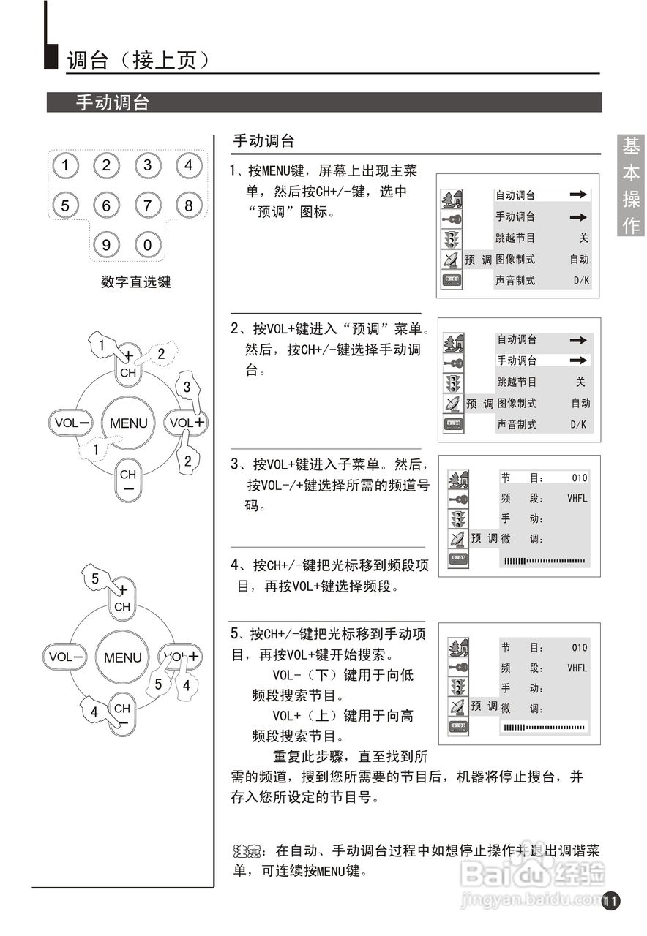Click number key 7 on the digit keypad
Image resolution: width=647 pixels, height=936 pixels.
point(147,205)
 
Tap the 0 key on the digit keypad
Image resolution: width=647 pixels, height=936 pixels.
point(147,245)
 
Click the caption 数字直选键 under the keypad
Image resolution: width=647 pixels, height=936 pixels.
point(135,282)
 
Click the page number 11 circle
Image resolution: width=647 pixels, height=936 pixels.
point(611,901)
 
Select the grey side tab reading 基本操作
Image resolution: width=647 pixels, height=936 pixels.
point(631,186)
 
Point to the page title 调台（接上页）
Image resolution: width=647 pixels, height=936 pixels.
point(139,60)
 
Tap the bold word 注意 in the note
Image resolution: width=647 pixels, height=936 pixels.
point(247,851)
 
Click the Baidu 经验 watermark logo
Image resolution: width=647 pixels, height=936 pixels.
point(534,874)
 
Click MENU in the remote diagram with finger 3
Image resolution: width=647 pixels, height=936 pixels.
point(128,423)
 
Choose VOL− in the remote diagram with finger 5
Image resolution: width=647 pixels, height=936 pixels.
point(65,657)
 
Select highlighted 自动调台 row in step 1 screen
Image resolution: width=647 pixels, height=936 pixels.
point(542,195)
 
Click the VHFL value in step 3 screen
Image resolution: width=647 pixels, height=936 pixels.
point(577,498)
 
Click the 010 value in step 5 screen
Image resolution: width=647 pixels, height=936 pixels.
point(579,647)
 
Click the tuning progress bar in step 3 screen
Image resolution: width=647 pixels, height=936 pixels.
point(545,561)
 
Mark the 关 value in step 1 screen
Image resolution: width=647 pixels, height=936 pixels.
point(583,238)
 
